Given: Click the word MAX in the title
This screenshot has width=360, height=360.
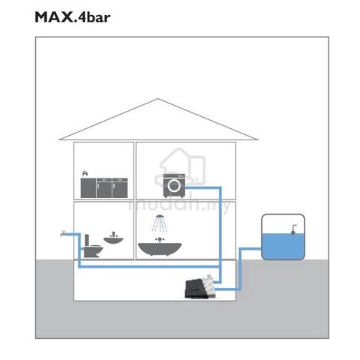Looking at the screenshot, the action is pos(53,17).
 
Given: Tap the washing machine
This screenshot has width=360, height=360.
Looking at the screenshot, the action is pos(174,185).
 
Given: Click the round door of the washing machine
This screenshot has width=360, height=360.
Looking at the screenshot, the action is pos(174,185).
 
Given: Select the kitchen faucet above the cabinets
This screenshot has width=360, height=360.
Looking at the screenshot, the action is pos(85,173).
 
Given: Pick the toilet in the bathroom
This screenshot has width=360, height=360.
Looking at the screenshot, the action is pos(93,246).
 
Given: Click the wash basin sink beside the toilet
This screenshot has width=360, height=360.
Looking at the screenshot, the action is pos(113,238).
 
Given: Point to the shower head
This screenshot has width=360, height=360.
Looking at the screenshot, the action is pos(160,217).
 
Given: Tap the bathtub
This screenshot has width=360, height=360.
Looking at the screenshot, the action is pos(160,249).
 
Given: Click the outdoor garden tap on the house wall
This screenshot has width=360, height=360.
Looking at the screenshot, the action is pos(63,234).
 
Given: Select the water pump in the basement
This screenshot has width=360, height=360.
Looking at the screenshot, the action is pos(200,288).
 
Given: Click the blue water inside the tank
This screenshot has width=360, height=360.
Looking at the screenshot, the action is pos(283,246).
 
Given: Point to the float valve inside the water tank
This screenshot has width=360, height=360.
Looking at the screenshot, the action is pos(294,229).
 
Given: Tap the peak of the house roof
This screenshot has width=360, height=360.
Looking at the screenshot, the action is pos(157,99).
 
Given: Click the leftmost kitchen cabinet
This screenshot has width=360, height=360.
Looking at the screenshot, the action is pos(88,187).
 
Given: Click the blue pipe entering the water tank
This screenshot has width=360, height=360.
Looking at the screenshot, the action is pos(250,249).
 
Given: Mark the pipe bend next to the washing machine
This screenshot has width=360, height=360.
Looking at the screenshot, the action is pos(220,187).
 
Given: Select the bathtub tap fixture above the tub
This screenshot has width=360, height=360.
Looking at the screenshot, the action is pos(160,240).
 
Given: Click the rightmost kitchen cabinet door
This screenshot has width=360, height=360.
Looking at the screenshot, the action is pos(120,187).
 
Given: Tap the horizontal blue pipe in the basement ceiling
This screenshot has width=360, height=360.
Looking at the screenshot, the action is pos(149,267).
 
